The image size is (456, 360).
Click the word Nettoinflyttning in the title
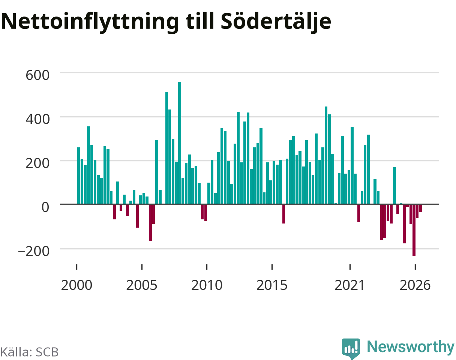(x=90, y=22)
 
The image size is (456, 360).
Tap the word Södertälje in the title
(x=276, y=22)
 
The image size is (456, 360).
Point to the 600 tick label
(x=37, y=75)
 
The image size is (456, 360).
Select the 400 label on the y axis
(x=37, y=119)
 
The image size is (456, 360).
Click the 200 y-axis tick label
(x=37, y=163)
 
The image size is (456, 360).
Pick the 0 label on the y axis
(x=45, y=207)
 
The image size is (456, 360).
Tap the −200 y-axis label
(x=34, y=251)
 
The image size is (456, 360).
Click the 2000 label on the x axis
(x=77, y=285)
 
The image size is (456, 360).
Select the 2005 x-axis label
(x=142, y=285)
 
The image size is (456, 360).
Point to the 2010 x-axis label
(x=207, y=285)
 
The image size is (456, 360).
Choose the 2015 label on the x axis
(x=272, y=285)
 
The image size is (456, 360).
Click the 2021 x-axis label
(x=350, y=285)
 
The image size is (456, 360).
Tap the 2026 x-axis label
(x=415, y=285)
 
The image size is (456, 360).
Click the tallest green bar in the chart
(x=180, y=143)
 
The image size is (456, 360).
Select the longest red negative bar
(x=414, y=230)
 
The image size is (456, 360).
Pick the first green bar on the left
(x=79, y=176)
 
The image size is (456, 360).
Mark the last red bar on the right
(x=421, y=208)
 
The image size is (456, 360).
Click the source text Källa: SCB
(x=30, y=352)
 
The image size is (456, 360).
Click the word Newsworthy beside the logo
(x=411, y=347)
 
